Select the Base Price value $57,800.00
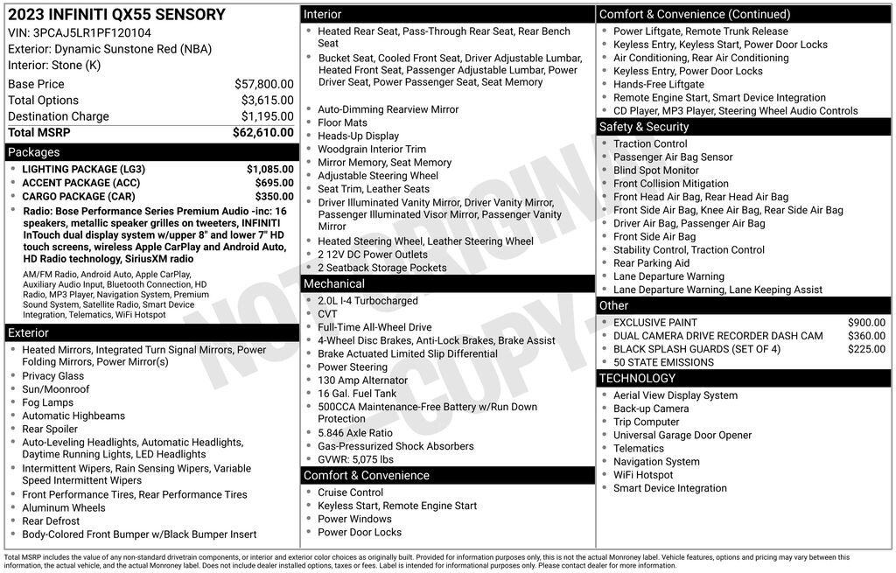pos(263,84)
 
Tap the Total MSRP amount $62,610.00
pos(262,132)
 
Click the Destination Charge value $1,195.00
pos(267,116)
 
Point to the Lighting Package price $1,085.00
pos(269,169)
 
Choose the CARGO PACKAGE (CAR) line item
pos(79,197)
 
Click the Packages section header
pos(34,152)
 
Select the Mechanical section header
pos(333,283)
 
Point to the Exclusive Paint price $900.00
pos(866,323)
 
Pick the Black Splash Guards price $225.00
pos(866,349)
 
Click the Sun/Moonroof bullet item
pos(55,389)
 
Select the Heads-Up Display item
pos(358,136)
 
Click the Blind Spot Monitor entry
pos(656,171)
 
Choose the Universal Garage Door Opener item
pos(682,436)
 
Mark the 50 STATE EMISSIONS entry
pos(663,362)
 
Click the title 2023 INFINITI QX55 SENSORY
pos(116,15)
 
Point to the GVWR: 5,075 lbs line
pos(355,459)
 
